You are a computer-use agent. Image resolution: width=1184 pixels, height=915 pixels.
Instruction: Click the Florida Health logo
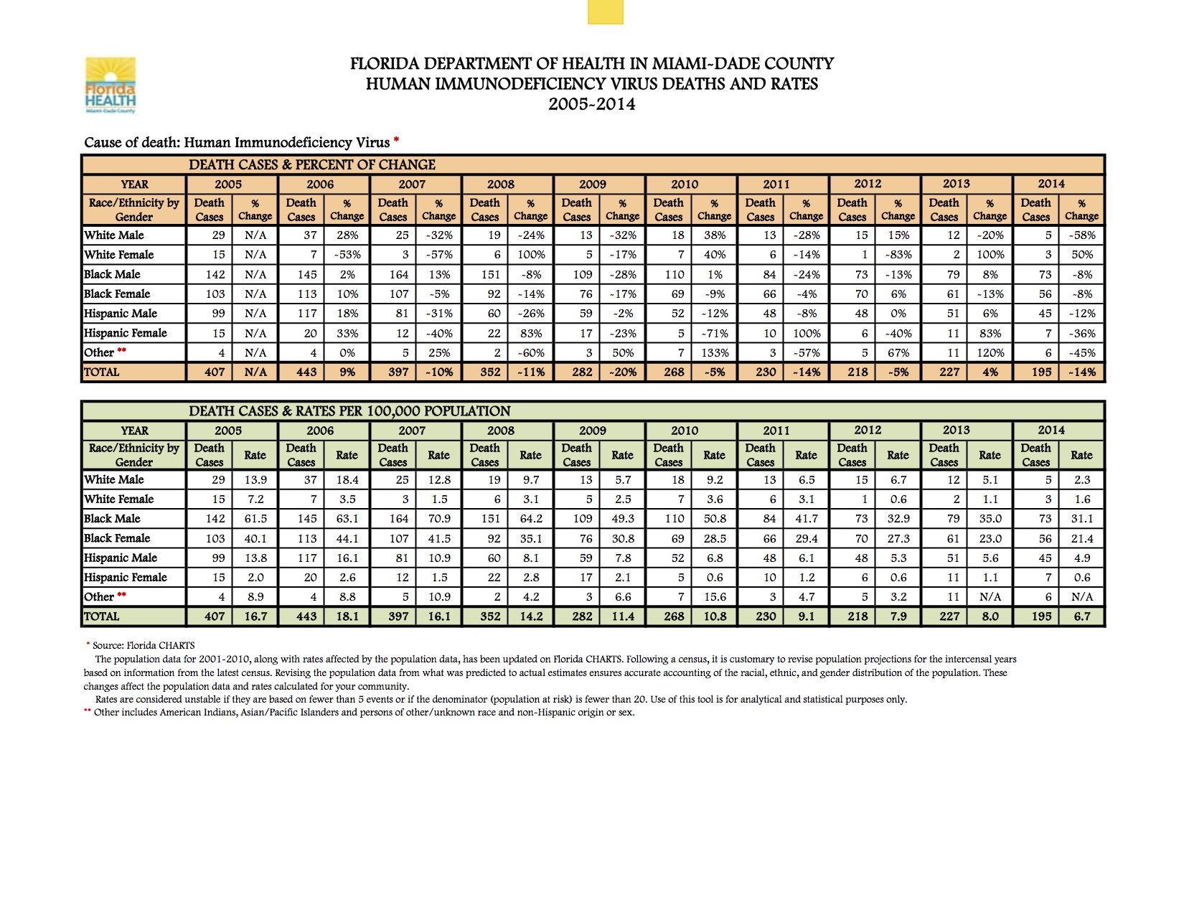click(x=111, y=85)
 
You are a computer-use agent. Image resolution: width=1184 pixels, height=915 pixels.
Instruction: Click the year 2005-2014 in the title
click(x=591, y=105)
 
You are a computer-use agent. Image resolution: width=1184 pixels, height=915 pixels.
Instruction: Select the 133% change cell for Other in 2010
click(x=715, y=353)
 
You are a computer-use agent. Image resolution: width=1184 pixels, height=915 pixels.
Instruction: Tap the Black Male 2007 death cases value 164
click(x=399, y=275)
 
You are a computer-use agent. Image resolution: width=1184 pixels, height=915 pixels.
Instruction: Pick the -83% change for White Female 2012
click(x=898, y=255)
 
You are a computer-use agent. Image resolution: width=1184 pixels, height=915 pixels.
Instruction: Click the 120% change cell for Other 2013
click(x=990, y=353)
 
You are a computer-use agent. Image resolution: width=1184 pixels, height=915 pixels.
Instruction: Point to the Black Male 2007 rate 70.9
click(x=439, y=519)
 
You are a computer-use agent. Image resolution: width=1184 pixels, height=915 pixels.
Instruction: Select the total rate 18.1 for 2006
click(x=347, y=616)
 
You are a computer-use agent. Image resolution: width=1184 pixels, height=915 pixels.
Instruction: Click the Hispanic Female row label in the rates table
click(x=126, y=578)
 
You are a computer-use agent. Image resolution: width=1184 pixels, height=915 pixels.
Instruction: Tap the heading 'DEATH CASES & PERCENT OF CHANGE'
click(x=312, y=165)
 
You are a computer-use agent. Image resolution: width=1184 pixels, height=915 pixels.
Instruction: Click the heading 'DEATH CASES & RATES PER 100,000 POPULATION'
click(x=349, y=411)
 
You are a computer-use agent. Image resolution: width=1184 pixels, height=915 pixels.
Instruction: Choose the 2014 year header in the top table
click(x=1051, y=184)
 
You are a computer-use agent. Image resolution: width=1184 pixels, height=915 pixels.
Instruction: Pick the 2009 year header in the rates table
click(x=593, y=431)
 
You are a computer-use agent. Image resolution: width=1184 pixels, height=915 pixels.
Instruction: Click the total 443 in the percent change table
click(x=306, y=372)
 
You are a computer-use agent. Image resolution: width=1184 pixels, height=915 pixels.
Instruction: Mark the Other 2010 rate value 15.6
click(x=715, y=597)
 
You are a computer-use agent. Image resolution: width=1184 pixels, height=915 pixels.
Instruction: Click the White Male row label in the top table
click(x=114, y=235)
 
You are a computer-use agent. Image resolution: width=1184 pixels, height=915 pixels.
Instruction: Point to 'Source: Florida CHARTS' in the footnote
click(x=144, y=645)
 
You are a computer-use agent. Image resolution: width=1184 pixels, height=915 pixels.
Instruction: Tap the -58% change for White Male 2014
click(x=1081, y=235)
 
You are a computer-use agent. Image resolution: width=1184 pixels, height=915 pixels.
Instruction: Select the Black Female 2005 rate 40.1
click(x=255, y=538)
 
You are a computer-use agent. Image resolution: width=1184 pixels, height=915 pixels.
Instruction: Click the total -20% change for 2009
click(x=622, y=372)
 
